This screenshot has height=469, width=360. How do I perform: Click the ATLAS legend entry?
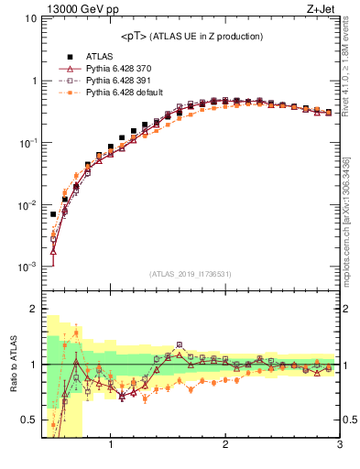click(x=99, y=57)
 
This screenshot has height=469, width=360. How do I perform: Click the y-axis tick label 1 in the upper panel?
click(x=33, y=82)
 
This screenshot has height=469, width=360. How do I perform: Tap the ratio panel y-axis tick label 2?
click(x=33, y=309)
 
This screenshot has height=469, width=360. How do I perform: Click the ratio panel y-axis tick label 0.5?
click(x=29, y=420)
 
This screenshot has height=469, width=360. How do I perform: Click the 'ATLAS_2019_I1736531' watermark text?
click(x=190, y=274)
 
